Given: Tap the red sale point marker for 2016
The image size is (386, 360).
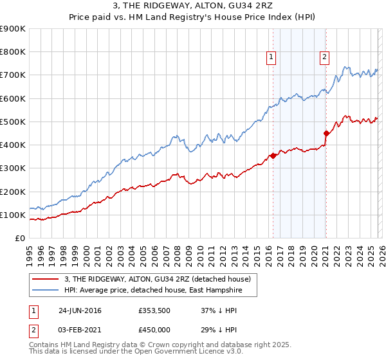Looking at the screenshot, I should (273, 156).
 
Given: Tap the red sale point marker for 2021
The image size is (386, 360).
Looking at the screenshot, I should (326, 134).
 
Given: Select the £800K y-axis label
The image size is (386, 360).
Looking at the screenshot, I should (13, 52).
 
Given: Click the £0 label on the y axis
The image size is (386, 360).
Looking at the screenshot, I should (19, 239).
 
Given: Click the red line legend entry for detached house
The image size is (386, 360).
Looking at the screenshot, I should (161, 279).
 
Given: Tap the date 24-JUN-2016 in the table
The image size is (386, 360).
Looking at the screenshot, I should (79, 310).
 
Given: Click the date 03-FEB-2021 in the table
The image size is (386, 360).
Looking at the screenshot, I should (79, 330).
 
